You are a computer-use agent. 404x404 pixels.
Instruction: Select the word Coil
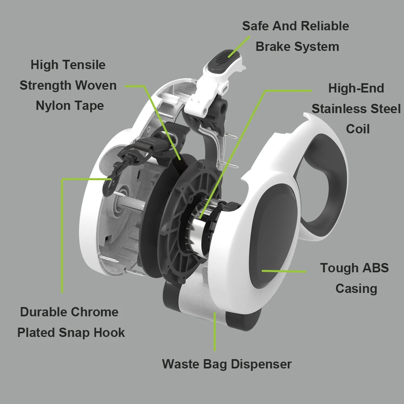pos(358,129)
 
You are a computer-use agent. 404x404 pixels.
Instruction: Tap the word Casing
pos(356,288)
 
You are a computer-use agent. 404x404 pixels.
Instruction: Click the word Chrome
pos(95,312)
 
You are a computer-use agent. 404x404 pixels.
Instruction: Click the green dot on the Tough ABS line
pos(263,270)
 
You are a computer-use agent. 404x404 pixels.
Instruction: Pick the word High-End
pos(356,88)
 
